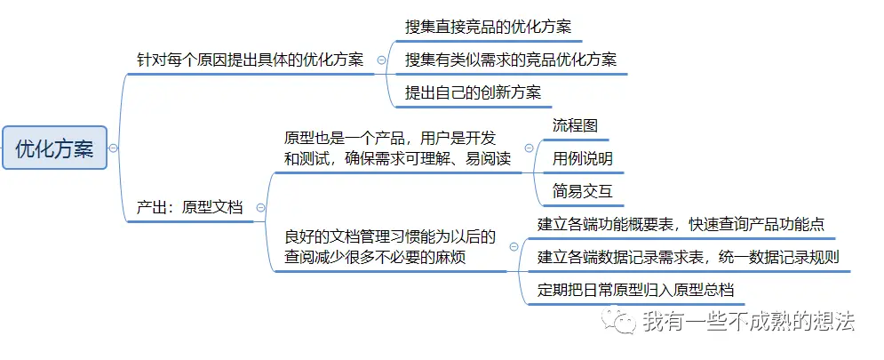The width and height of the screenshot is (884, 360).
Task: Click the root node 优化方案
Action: click(54, 148)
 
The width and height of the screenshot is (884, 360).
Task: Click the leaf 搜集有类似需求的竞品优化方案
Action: click(510, 60)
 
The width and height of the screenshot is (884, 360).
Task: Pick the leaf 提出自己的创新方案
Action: click(473, 92)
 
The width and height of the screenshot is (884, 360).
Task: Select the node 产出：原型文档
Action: click(188, 207)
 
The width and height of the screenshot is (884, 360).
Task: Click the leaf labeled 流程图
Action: click(575, 125)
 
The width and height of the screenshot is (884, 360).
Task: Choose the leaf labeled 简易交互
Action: click(582, 190)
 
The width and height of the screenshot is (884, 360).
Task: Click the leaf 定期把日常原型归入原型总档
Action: click(635, 290)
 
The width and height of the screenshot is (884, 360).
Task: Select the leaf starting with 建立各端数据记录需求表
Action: click(689, 257)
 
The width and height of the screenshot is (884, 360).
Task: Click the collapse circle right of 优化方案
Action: click(114, 148)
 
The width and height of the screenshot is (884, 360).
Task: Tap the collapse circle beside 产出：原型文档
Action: click(260, 207)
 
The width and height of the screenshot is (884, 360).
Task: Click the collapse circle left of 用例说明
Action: click(529, 148)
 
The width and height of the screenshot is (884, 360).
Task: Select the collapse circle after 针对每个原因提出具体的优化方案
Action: click(381, 60)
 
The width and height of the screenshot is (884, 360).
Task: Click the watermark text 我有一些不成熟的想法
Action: click(748, 320)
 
